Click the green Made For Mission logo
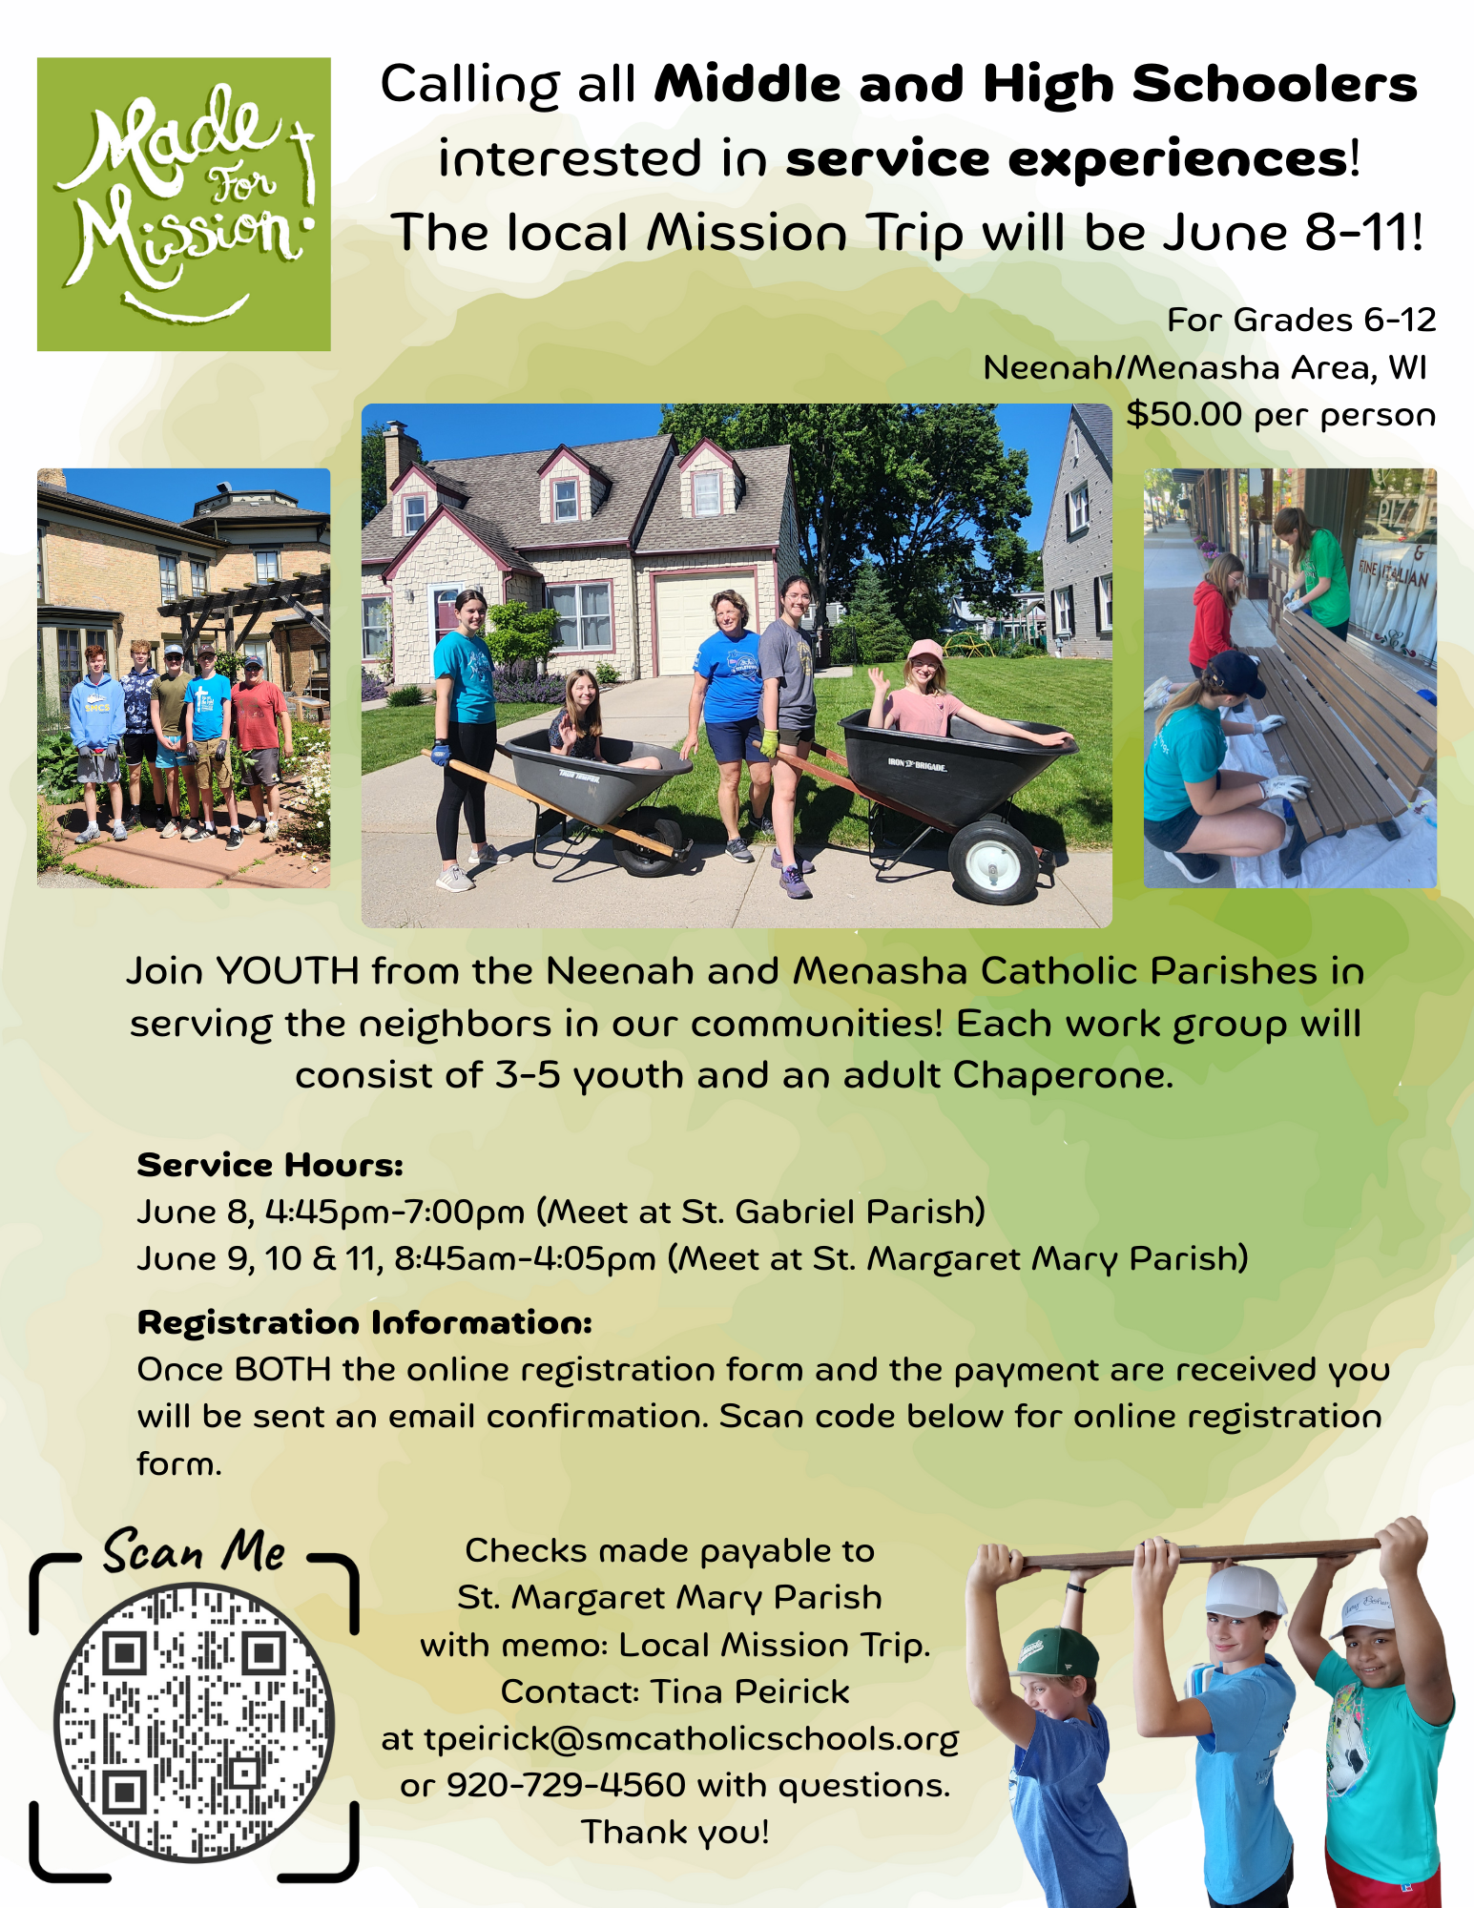(184, 204)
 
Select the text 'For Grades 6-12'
(1301, 320)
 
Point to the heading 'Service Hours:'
(270, 1165)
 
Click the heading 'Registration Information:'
(364, 1322)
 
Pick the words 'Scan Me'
(195, 1550)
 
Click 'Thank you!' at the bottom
(675, 1833)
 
